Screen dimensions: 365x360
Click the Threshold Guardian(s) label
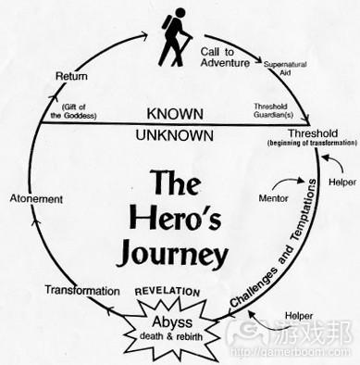click(x=275, y=110)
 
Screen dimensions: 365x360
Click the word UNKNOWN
click(x=174, y=135)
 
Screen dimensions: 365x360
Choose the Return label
click(x=72, y=75)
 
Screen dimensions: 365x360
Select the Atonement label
click(x=36, y=199)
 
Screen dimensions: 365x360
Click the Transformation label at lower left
click(x=82, y=290)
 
